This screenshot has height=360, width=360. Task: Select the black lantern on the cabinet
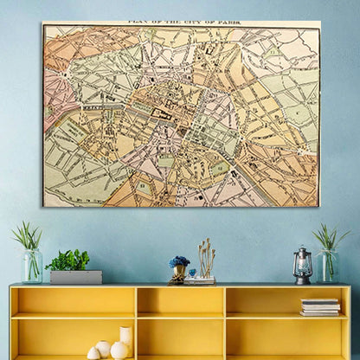302,267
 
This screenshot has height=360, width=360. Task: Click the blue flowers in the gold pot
179,261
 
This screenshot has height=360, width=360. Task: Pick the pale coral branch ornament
206,257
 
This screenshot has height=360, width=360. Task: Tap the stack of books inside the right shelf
320,306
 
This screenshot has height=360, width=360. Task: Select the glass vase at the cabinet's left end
32,266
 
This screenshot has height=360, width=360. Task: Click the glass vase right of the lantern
326,266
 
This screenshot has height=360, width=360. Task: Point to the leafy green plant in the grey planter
67,260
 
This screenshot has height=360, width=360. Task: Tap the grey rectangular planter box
75,277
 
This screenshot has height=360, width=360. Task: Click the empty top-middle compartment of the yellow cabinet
180,300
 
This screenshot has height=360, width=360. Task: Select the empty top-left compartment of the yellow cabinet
74,300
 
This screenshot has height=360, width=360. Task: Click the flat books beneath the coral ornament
200,280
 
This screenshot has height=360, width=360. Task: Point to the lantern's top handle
302,250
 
